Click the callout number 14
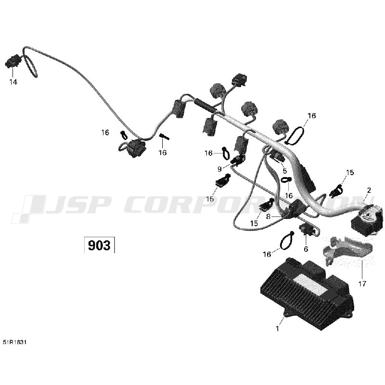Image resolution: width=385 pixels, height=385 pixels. pyautogui.click(x=13, y=82)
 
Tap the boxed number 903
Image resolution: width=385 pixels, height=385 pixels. pyautogui.click(x=99, y=245)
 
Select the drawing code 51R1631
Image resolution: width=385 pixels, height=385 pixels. pyautogui.click(x=14, y=342)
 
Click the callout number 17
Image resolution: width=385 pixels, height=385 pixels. pyautogui.click(x=362, y=284)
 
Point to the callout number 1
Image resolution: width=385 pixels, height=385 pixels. pyautogui.click(x=278, y=329)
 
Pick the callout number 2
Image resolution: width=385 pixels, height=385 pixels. pyautogui.click(x=369, y=190)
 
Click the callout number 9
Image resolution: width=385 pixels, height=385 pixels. pyautogui.click(x=219, y=169)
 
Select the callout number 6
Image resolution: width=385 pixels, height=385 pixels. pyautogui.click(x=306, y=249)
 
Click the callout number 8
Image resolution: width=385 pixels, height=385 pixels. pyautogui.click(x=268, y=217)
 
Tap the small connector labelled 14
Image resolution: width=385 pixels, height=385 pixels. pyautogui.click(x=13, y=61)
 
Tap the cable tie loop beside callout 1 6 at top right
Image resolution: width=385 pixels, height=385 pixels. pyautogui.click(x=295, y=135)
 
